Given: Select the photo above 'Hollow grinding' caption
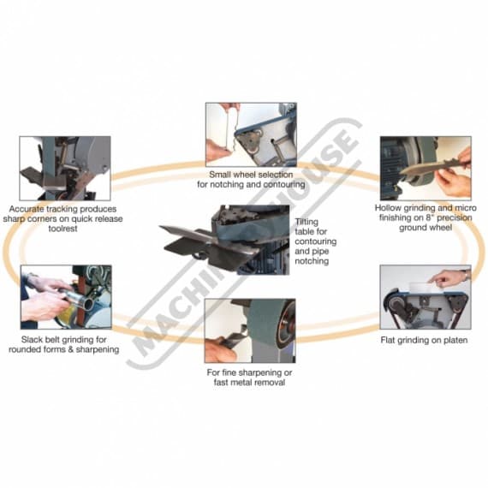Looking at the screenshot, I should (x=425, y=167).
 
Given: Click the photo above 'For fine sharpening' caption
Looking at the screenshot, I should (x=250, y=330).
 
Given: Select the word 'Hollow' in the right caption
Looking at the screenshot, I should (x=391, y=208).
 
